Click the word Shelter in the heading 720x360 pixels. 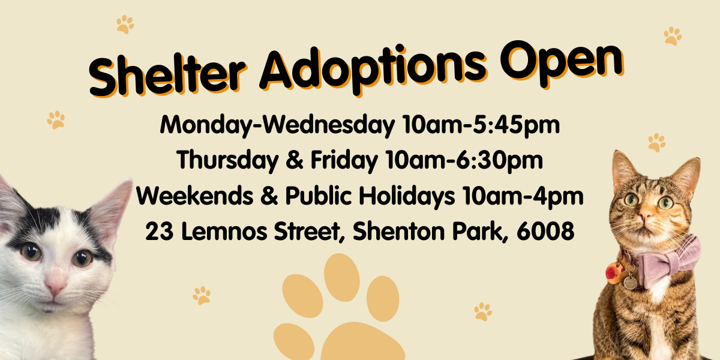[x=167, y=76]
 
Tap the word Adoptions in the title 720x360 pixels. [x=372, y=68]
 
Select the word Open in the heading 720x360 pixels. [x=562, y=62]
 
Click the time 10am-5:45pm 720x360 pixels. [x=481, y=125]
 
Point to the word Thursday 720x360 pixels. [x=227, y=160]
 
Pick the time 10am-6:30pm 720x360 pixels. [x=464, y=160]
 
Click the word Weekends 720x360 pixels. [x=195, y=196]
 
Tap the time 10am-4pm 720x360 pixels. [x=523, y=196]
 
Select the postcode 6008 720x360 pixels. [x=545, y=231]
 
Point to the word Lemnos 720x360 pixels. [x=224, y=231]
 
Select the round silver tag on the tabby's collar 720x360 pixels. [x=630, y=283]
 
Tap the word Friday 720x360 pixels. [x=344, y=160]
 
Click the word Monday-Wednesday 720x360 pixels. [x=277, y=125]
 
